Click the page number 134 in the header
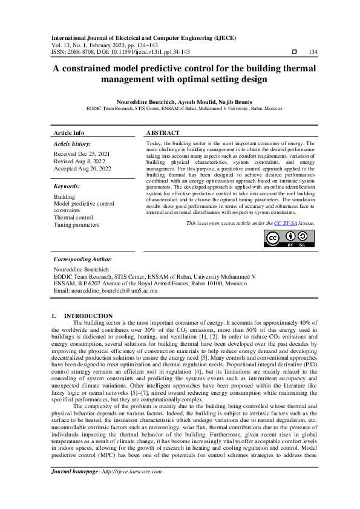click(x=313, y=52)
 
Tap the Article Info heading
click(x=69, y=132)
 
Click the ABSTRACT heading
click(x=163, y=132)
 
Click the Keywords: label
click(x=67, y=187)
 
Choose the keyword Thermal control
click(x=73, y=217)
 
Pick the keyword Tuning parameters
click(x=76, y=224)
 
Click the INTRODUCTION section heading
click(x=88, y=316)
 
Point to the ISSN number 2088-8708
click(x=83, y=52)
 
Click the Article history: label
click(x=73, y=144)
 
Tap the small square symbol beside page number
click(x=293, y=52)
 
